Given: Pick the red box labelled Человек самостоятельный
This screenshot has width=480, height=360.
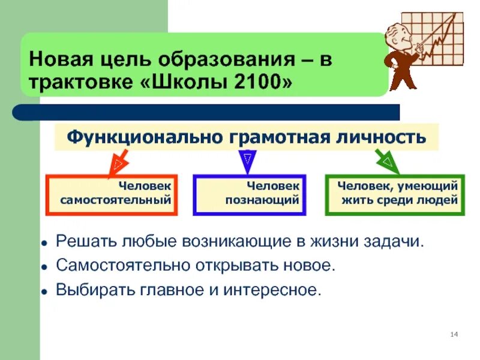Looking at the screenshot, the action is pos(112,194).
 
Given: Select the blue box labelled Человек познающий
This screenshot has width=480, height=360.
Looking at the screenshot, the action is pos(250,194).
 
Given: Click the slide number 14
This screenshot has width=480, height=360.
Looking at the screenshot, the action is pos(454,334).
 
